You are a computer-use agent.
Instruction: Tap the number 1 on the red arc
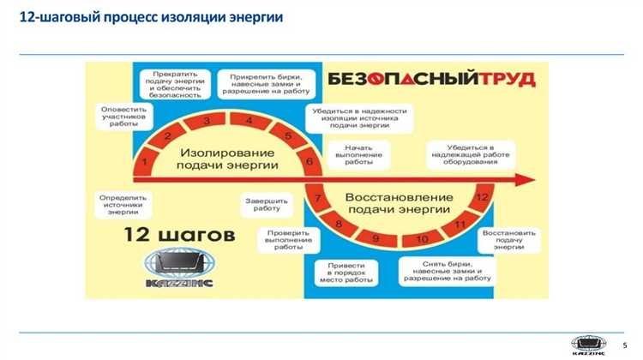pyautogui.click(x=146, y=160)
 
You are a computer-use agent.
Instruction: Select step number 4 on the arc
pyautogui.click(x=248, y=120)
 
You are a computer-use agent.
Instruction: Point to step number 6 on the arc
pyautogui.click(x=309, y=160)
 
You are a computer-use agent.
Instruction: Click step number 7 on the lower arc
pyautogui.click(x=317, y=199)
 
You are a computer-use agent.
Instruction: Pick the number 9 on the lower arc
pyautogui.click(x=376, y=237)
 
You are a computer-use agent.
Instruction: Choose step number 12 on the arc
pyautogui.click(x=482, y=197)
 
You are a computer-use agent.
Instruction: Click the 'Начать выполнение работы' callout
pyautogui.click(x=358, y=154)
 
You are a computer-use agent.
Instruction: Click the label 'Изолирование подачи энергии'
pyautogui.click(x=228, y=158)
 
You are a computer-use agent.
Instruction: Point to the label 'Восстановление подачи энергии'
pyautogui.click(x=398, y=203)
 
